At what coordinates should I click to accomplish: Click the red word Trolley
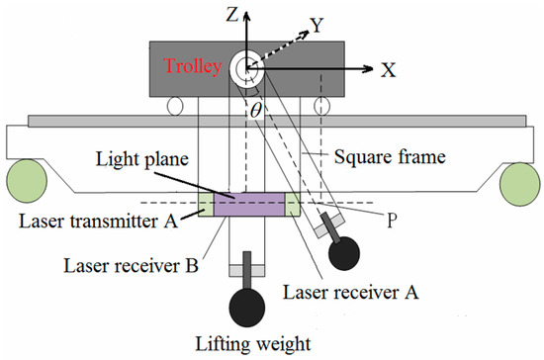point(196,68)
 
